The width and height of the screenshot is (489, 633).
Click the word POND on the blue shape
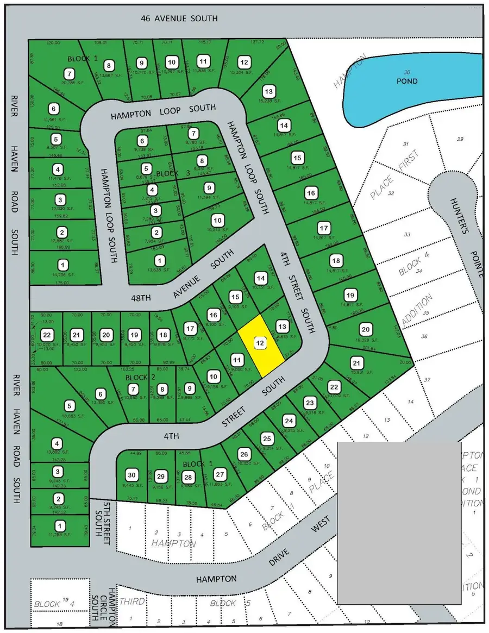[x=406, y=81]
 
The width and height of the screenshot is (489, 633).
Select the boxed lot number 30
[x=130, y=474]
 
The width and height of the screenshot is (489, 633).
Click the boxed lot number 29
[x=160, y=476]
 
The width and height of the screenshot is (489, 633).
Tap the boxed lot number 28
[x=188, y=477]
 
